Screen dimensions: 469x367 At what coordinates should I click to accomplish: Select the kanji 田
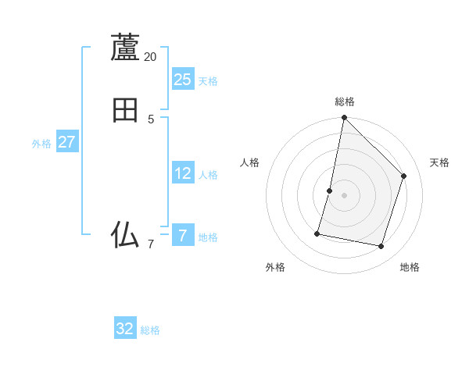[x=125, y=110]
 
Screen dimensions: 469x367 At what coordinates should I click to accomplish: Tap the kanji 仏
[x=125, y=234]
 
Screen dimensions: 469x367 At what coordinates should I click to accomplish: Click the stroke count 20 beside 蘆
[x=150, y=57]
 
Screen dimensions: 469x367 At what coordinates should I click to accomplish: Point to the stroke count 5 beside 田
[x=151, y=119]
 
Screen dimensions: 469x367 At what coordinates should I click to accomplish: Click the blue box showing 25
[x=183, y=79]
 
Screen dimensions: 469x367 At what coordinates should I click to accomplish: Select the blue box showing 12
[x=183, y=173]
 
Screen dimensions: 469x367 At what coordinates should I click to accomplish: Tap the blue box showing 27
[x=66, y=142]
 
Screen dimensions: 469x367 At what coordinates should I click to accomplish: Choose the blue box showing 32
[x=125, y=329]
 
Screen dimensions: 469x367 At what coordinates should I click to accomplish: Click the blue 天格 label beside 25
[x=208, y=81]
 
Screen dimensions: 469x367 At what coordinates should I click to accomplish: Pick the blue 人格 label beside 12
[x=208, y=175]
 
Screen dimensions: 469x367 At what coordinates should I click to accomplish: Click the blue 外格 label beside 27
[x=41, y=144]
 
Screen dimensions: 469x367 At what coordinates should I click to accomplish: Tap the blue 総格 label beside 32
[x=150, y=330]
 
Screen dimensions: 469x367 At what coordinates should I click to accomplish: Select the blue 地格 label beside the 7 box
[x=208, y=237]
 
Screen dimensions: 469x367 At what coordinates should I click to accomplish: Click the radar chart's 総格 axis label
[x=345, y=102]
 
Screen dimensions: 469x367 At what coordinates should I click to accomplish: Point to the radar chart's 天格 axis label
[x=439, y=162]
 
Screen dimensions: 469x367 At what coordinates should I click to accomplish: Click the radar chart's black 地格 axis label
[x=410, y=267]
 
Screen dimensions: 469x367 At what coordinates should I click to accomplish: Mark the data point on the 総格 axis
[x=344, y=117]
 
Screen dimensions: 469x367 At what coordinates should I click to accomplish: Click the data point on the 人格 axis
[x=330, y=191]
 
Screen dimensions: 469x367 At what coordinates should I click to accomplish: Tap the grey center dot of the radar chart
[x=344, y=195]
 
